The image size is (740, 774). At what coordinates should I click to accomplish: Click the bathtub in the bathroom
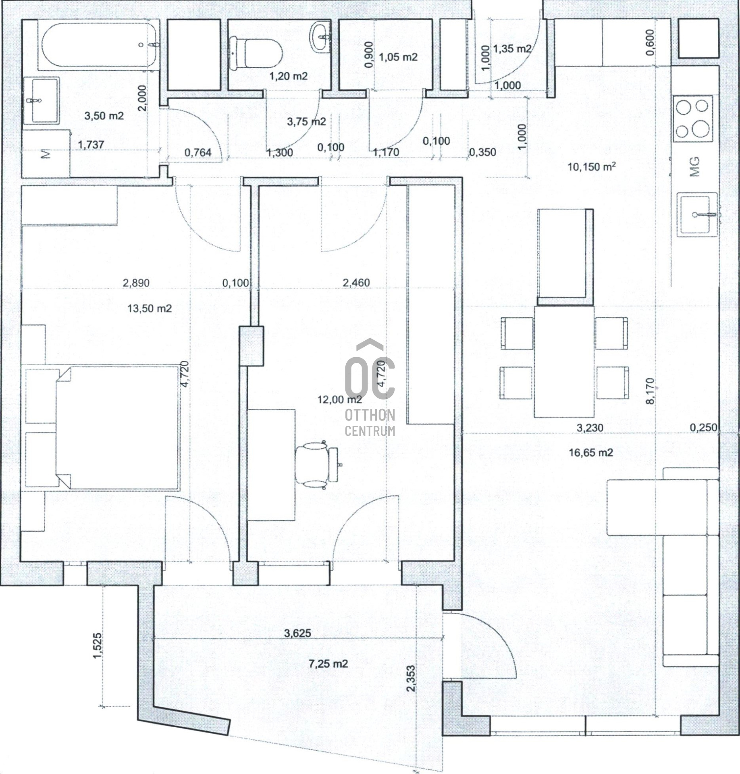point(99,46)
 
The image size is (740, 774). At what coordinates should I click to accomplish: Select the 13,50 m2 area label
point(150,309)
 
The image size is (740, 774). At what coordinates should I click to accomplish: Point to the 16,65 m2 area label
point(591,453)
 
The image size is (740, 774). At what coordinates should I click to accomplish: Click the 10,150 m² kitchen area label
point(591,166)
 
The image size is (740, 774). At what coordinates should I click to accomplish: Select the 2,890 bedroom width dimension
point(136,283)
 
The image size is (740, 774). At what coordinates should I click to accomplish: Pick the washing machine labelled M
point(46,153)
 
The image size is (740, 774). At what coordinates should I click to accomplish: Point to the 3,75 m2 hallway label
point(306,121)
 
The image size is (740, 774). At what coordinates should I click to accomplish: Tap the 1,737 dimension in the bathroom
point(91,144)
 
